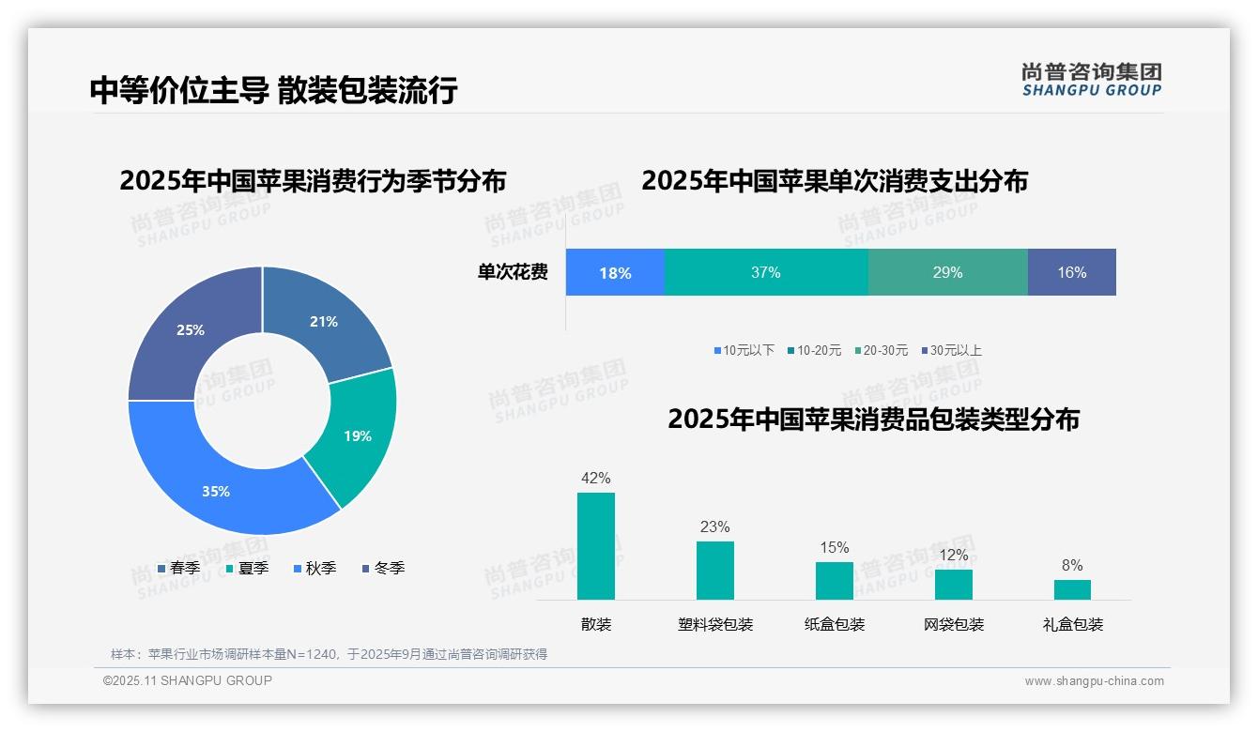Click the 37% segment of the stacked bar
766,272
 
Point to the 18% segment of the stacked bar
615,272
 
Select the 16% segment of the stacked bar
1071,272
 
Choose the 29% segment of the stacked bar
947,272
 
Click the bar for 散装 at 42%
596,546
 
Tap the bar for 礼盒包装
1072,589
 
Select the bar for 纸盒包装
834,580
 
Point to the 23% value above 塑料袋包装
714,526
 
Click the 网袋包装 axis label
954,624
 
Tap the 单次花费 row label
513,272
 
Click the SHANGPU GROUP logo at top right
1091,79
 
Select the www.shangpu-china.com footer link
1094,680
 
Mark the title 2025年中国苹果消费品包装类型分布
873,419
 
